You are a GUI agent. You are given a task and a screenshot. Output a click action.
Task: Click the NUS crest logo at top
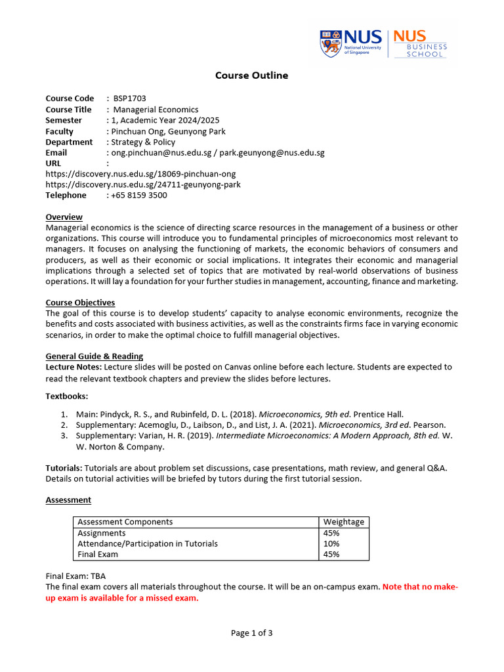click(330, 43)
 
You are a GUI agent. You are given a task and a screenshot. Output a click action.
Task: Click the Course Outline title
click(252, 75)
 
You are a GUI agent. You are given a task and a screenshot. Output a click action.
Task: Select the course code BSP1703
click(130, 98)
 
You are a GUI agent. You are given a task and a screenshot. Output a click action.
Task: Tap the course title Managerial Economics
click(156, 110)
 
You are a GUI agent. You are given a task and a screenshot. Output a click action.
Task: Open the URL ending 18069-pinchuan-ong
click(140, 174)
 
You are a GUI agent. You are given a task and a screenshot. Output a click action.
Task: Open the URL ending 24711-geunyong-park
click(143, 184)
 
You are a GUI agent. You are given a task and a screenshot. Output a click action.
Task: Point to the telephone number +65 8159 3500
click(139, 196)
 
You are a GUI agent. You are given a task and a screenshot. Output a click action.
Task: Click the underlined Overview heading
click(64, 217)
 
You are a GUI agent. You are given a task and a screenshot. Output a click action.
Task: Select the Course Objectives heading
click(80, 303)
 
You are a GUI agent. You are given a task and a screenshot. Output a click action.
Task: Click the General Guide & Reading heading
click(94, 356)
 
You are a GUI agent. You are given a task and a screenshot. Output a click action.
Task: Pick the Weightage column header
click(343, 522)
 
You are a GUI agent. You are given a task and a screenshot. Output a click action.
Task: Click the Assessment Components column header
click(125, 522)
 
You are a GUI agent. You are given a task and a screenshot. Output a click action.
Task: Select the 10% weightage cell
click(331, 543)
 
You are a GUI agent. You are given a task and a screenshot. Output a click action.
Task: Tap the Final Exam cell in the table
click(98, 555)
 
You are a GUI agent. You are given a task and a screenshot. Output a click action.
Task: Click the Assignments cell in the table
click(102, 533)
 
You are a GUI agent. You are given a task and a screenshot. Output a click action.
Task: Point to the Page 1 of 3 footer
click(251, 633)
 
